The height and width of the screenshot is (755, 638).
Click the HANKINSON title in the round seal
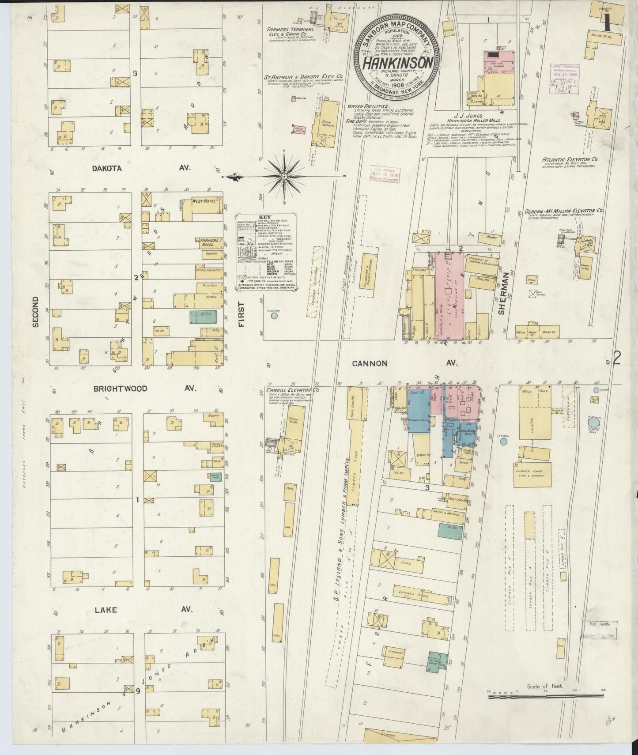point(397,63)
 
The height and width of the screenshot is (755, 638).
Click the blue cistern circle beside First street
point(275,316)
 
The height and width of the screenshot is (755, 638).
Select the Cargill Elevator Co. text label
point(292,390)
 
